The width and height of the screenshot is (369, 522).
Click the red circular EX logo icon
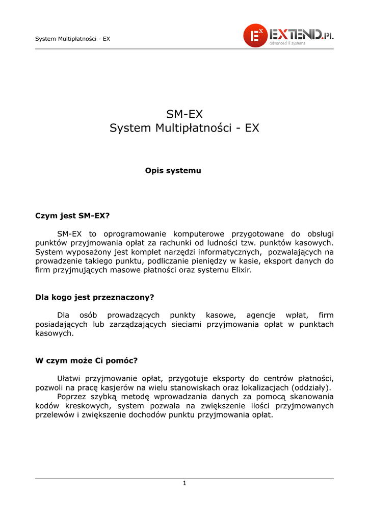pyautogui.click(x=255, y=35)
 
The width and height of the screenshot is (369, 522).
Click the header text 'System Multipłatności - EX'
pyautogui.click(x=72, y=39)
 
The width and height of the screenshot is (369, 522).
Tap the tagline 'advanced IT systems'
pyautogui.click(x=287, y=43)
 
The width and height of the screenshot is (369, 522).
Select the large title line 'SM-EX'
pyautogui.click(x=184, y=113)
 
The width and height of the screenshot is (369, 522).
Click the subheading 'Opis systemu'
pyautogui.click(x=173, y=171)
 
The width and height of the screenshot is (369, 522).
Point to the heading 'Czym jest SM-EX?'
pyautogui.click(x=72, y=216)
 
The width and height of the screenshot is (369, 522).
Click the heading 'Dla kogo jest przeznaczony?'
pyautogui.click(x=94, y=297)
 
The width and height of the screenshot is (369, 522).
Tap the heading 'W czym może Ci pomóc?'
pyautogui.click(x=86, y=360)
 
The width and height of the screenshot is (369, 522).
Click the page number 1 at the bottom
pyautogui.click(x=184, y=483)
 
